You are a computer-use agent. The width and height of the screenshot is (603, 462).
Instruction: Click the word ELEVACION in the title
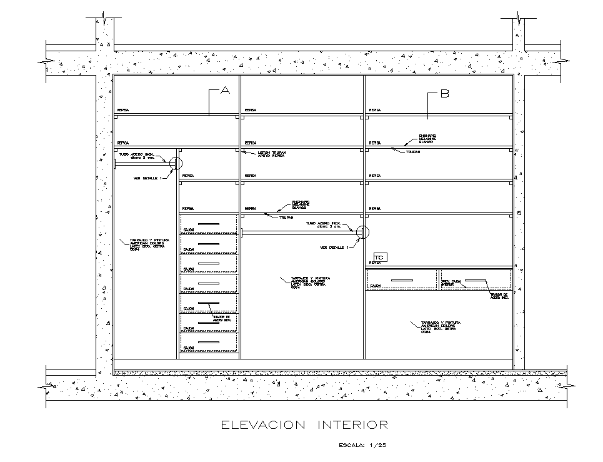(262, 426)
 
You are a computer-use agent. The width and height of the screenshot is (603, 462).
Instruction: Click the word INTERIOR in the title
(353, 426)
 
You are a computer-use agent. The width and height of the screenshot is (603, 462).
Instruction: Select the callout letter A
(226, 91)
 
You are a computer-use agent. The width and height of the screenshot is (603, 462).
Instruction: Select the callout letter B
(444, 94)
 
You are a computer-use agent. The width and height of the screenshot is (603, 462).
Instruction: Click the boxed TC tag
(379, 257)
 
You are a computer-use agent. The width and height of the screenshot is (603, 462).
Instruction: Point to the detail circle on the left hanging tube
(176, 164)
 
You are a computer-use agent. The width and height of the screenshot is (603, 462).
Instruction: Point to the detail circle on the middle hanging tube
(363, 232)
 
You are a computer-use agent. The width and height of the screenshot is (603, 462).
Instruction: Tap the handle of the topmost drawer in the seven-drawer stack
(209, 223)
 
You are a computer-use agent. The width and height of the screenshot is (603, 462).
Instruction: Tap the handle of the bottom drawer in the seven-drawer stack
(209, 343)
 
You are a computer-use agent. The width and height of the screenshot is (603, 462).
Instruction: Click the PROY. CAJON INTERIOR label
(451, 283)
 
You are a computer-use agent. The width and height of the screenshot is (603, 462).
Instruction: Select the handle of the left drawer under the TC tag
(402, 280)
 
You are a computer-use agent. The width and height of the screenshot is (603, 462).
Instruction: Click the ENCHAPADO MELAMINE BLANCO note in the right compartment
(428, 139)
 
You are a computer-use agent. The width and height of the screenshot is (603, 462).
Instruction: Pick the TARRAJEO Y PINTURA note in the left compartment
(146, 244)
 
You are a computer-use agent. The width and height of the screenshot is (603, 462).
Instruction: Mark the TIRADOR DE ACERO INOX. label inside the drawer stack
(222, 318)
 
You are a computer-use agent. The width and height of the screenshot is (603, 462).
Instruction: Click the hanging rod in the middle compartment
(300, 233)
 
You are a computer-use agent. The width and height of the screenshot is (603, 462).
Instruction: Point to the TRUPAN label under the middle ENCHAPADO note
(286, 218)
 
